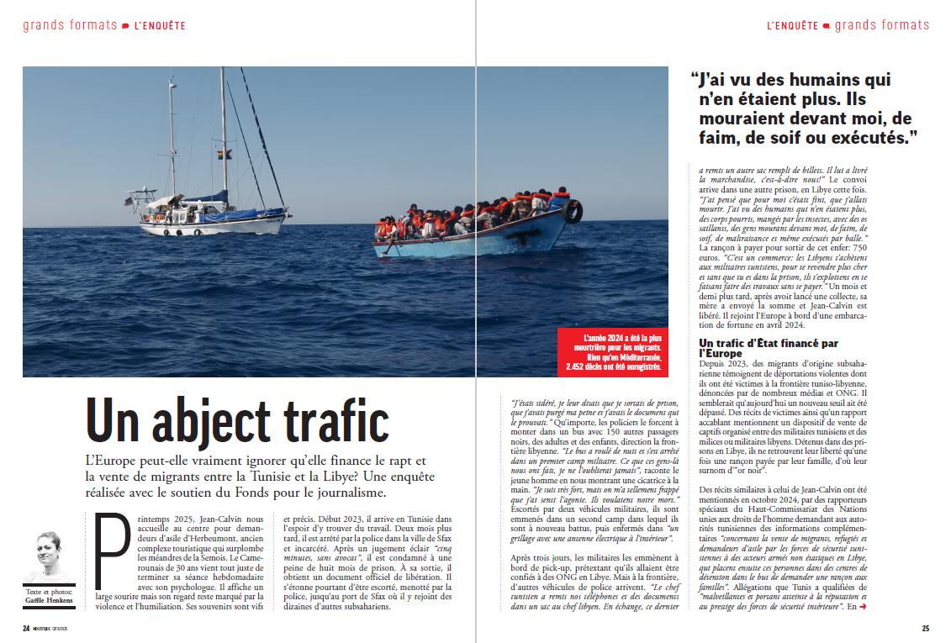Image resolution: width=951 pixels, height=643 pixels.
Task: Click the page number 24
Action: [26, 627]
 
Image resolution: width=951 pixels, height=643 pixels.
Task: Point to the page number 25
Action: [925, 627]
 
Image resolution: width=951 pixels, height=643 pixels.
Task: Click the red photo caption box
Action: [612, 351]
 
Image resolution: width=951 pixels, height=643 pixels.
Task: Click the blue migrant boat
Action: [471, 235]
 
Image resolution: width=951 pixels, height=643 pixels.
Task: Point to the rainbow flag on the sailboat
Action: [224, 155]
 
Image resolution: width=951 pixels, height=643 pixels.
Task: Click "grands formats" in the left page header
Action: [70, 25]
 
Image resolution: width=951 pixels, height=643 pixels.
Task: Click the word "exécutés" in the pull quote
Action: [866, 136]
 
